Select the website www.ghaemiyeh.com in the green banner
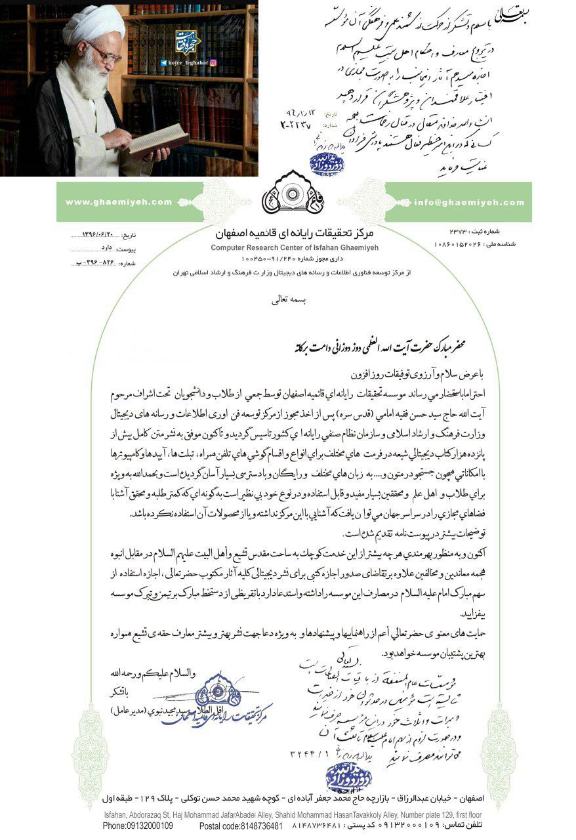pyautogui.click(x=118, y=202)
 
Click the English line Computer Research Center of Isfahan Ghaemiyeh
pyautogui.click(x=289, y=247)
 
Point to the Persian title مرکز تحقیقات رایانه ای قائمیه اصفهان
pyautogui.click(x=289, y=234)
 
